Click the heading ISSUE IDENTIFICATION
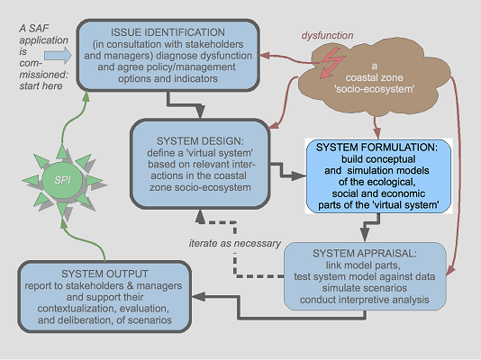point(168,32)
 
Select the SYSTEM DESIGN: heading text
point(200,141)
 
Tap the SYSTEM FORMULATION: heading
point(377,148)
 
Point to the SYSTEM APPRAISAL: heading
point(365,254)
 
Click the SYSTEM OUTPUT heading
point(104,274)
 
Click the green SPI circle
point(62,180)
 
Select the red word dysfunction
point(327,35)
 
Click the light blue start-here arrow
point(58,56)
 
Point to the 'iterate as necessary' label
point(235,243)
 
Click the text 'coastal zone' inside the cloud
point(374,77)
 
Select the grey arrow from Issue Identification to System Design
point(184,105)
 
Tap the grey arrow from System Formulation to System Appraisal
point(371,226)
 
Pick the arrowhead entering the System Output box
point(199,296)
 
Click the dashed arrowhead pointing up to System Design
point(200,217)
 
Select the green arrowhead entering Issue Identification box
point(86,96)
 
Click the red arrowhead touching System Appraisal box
point(450,271)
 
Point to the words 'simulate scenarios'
point(365,288)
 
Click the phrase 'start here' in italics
point(41,86)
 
